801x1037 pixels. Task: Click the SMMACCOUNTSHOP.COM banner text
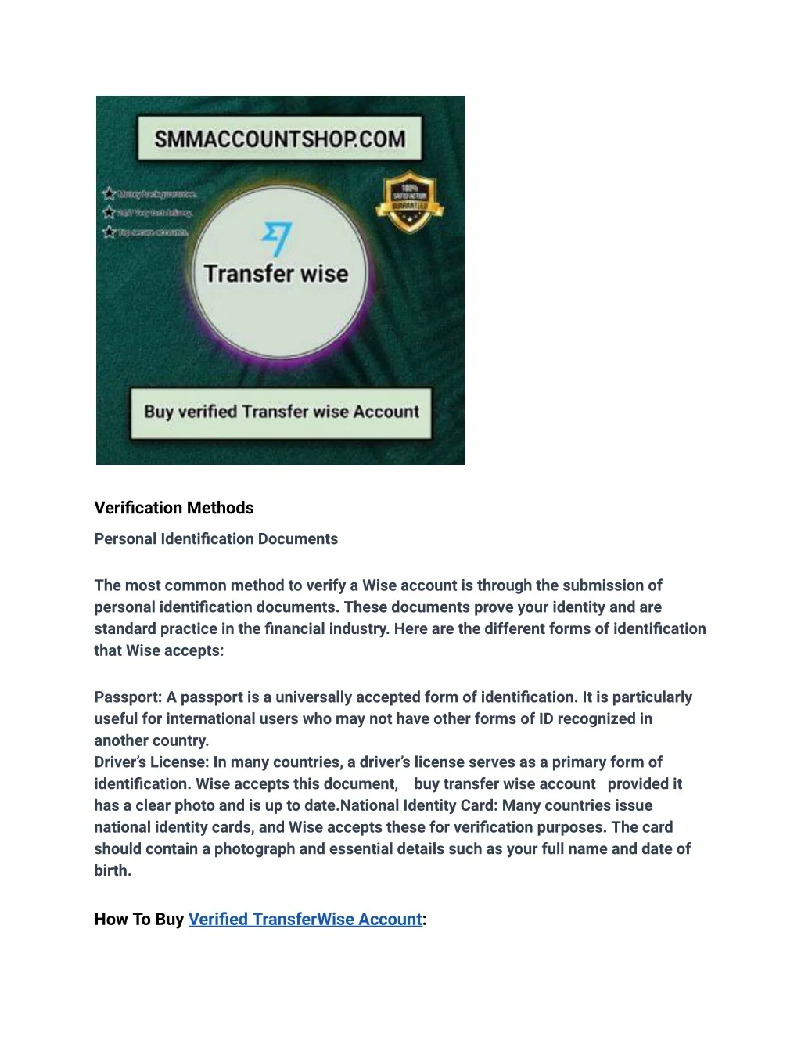click(279, 139)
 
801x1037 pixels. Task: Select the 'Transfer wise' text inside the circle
click(276, 274)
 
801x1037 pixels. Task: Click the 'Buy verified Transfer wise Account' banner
click(281, 412)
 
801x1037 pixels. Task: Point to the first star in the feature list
click(109, 193)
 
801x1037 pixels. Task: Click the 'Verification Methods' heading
click(174, 508)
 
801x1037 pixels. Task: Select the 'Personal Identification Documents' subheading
click(216, 538)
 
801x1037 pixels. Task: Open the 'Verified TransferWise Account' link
click(305, 919)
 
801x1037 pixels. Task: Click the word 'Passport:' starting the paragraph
click(128, 697)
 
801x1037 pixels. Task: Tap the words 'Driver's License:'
click(152, 762)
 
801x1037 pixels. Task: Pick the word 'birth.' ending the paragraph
click(113, 870)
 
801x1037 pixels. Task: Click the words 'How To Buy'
click(138, 919)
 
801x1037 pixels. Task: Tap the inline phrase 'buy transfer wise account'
click(505, 783)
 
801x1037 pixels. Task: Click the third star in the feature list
click(109, 232)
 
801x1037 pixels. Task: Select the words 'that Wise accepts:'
click(159, 650)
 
